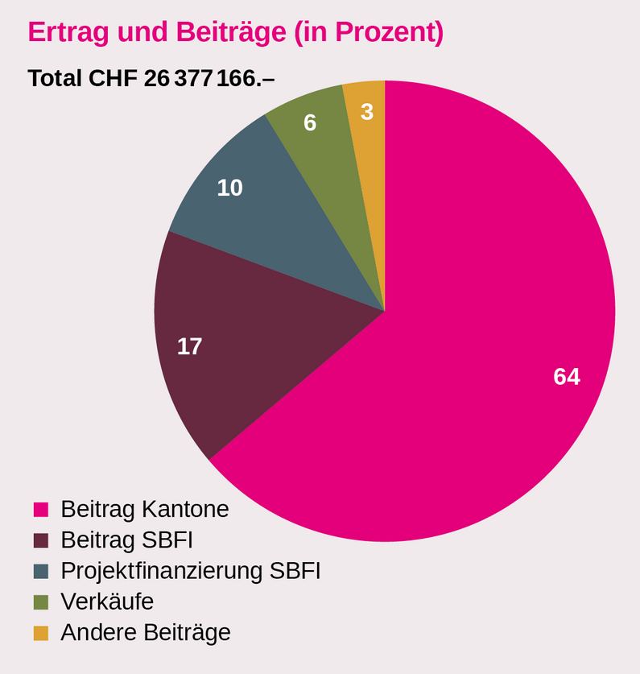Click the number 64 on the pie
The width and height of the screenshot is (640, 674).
coord(567,376)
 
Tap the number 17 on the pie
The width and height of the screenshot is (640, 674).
coord(189,346)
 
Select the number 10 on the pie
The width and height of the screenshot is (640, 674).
coord(229,188)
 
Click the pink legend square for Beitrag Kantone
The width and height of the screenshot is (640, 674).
coord(41,510)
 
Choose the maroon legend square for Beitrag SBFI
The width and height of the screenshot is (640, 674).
coord(41,540)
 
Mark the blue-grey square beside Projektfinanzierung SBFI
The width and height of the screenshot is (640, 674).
coord(41,571)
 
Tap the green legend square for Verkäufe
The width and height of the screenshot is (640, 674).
coord(41,602)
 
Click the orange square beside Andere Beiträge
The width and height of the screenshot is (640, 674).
coord(41,633)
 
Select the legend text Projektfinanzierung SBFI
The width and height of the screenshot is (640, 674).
coord(191,571)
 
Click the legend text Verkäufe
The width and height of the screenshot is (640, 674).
coord(107,602)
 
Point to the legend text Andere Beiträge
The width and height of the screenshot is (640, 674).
coord(146,632)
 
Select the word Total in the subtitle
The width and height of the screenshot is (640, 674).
coord(55,78)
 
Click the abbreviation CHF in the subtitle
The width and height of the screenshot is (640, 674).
coord(114,78)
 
